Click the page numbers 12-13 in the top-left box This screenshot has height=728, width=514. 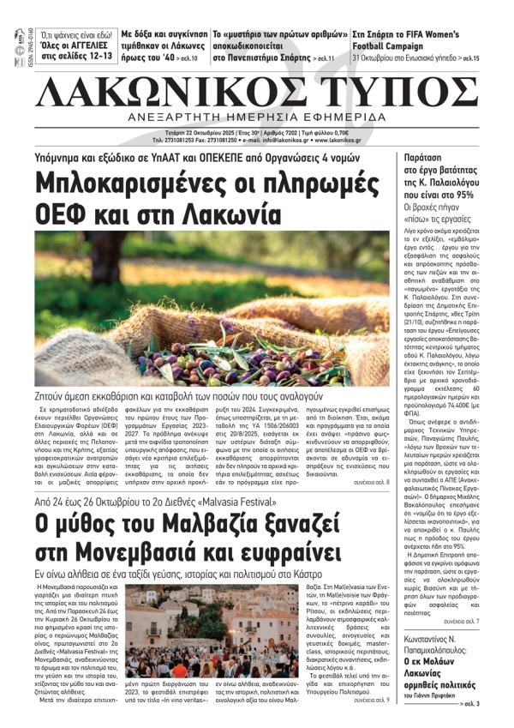pos(93,57)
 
